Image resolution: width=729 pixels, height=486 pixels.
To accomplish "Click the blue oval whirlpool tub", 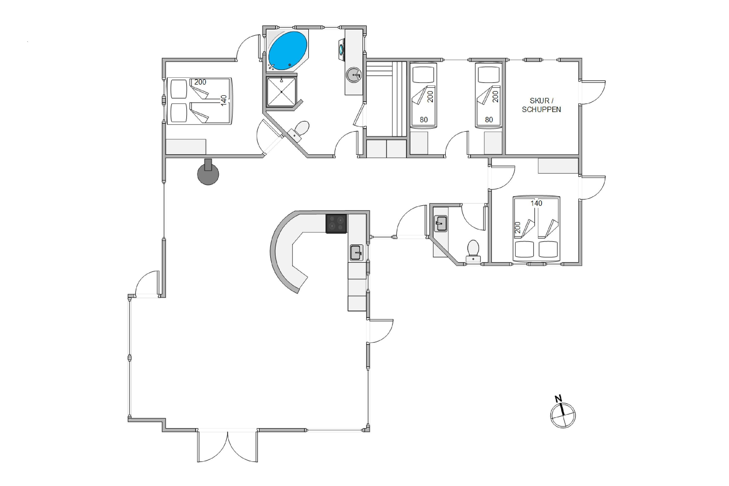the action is click(x=288, y=51).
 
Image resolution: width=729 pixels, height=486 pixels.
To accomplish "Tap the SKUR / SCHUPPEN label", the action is click(x=541, y=105).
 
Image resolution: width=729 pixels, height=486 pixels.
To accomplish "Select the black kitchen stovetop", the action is click(x=336, y=224).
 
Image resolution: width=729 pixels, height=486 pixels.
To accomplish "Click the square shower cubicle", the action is click(x=281, y=92).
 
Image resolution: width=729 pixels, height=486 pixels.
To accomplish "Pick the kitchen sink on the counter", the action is click(x=356, y=252).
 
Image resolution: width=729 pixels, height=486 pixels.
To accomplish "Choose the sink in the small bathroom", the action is click(x=440, y=224).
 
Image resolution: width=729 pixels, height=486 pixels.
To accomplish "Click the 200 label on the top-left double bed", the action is click(x=200, y=82).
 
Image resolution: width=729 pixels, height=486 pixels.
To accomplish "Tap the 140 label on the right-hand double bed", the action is click(x=536, y=203).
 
